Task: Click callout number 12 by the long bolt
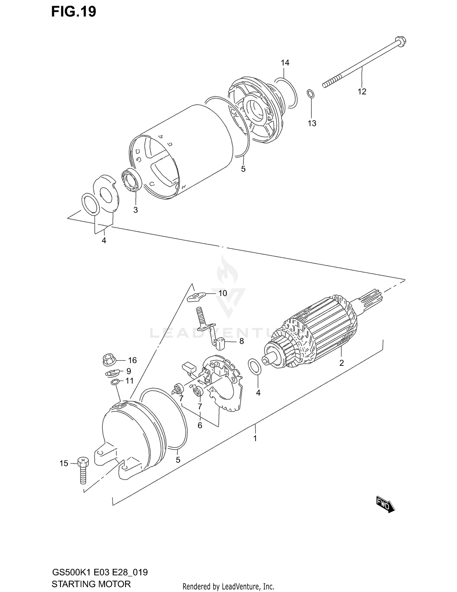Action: click(x=362, y=91)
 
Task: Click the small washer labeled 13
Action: click(x=310, y=94)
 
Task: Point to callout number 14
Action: click(x=285, y=63)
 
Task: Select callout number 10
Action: click(x=223, y=293)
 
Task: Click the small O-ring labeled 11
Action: click(x=115, y=382)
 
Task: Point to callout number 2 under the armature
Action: click(x=342, y=363)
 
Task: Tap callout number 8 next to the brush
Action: click(x=241, y=341)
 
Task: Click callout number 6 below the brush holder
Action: click(x=200, y=425)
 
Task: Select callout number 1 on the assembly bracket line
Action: click(x=255, y=438)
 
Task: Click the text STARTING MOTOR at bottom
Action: click(x=91, y=584)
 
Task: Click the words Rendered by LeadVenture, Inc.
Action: click(x=228, y=586)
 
